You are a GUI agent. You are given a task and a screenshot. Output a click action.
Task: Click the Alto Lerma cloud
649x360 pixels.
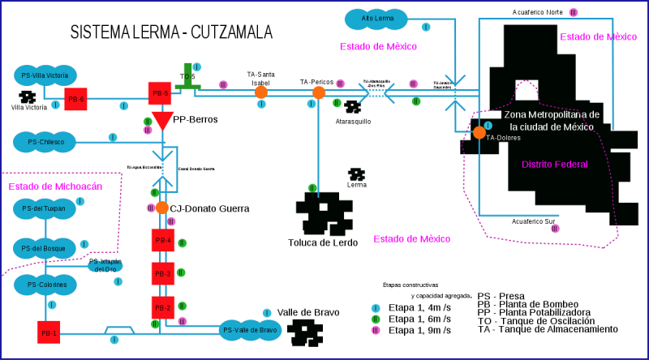(376, 19)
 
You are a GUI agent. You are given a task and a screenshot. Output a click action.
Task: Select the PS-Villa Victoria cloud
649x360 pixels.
(45, 75)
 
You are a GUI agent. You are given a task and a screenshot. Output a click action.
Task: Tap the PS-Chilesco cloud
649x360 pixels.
(45, 143)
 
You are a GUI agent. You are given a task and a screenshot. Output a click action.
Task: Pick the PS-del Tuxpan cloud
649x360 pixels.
(45, 209)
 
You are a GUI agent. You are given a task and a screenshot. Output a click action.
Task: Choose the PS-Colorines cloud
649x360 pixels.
(45, 285)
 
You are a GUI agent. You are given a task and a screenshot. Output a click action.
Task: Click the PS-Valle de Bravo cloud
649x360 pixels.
(250, 330)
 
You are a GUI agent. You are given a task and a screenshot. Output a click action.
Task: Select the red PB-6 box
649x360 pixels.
(75, 99)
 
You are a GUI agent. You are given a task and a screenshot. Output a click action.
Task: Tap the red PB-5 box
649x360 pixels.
(160, 93)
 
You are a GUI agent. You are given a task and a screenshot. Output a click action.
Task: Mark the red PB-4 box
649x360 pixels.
(162, 240)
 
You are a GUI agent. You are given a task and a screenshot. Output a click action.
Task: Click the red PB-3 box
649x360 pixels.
(162, 274)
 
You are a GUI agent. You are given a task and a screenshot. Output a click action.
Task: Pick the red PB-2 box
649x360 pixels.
(162, 308)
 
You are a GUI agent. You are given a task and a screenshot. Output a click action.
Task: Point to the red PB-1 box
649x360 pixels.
(49, 332)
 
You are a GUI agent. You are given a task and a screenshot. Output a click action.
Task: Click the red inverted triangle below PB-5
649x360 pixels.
(162, 120)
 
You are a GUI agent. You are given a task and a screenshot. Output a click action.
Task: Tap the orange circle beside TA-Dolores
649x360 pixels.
(479, 132)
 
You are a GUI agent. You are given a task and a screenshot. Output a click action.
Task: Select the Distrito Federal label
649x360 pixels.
(555, 165)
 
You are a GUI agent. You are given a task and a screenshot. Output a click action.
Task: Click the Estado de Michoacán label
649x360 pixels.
(55, 186)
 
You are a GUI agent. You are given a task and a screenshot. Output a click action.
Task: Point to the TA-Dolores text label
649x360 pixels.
(503, 138)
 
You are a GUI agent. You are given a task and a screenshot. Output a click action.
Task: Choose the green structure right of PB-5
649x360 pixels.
(187, 78)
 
